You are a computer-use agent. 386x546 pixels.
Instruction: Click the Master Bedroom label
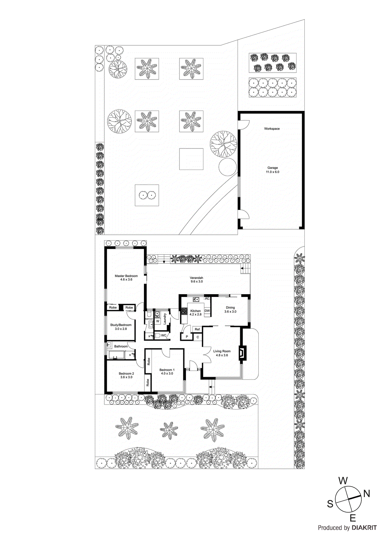(126, 276)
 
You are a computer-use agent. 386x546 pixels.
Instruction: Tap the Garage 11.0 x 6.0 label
(272, 170)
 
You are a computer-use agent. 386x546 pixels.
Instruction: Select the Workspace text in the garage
(272, 129)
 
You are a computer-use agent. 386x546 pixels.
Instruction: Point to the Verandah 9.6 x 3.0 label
(196, 279)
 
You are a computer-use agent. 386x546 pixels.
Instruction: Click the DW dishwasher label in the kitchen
(207, 311)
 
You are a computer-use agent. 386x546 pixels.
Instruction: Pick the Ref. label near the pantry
(197, 329)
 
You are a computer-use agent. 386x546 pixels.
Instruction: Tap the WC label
(163, 335)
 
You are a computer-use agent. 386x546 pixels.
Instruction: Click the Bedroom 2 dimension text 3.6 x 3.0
(126, 377)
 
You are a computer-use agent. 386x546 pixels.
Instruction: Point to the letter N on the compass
(367, 493)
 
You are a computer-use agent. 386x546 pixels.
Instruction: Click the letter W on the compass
(343, 481)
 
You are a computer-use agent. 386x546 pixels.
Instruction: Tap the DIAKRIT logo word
(364, 528)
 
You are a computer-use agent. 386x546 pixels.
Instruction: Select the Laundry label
(165, 319)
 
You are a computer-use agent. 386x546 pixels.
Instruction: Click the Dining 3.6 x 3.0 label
(230, 310)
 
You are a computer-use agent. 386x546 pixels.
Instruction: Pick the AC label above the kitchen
(207, 299)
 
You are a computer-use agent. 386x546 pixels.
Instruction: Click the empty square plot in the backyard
(191, 159)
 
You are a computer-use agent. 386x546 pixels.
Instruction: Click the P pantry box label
(187, 337)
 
